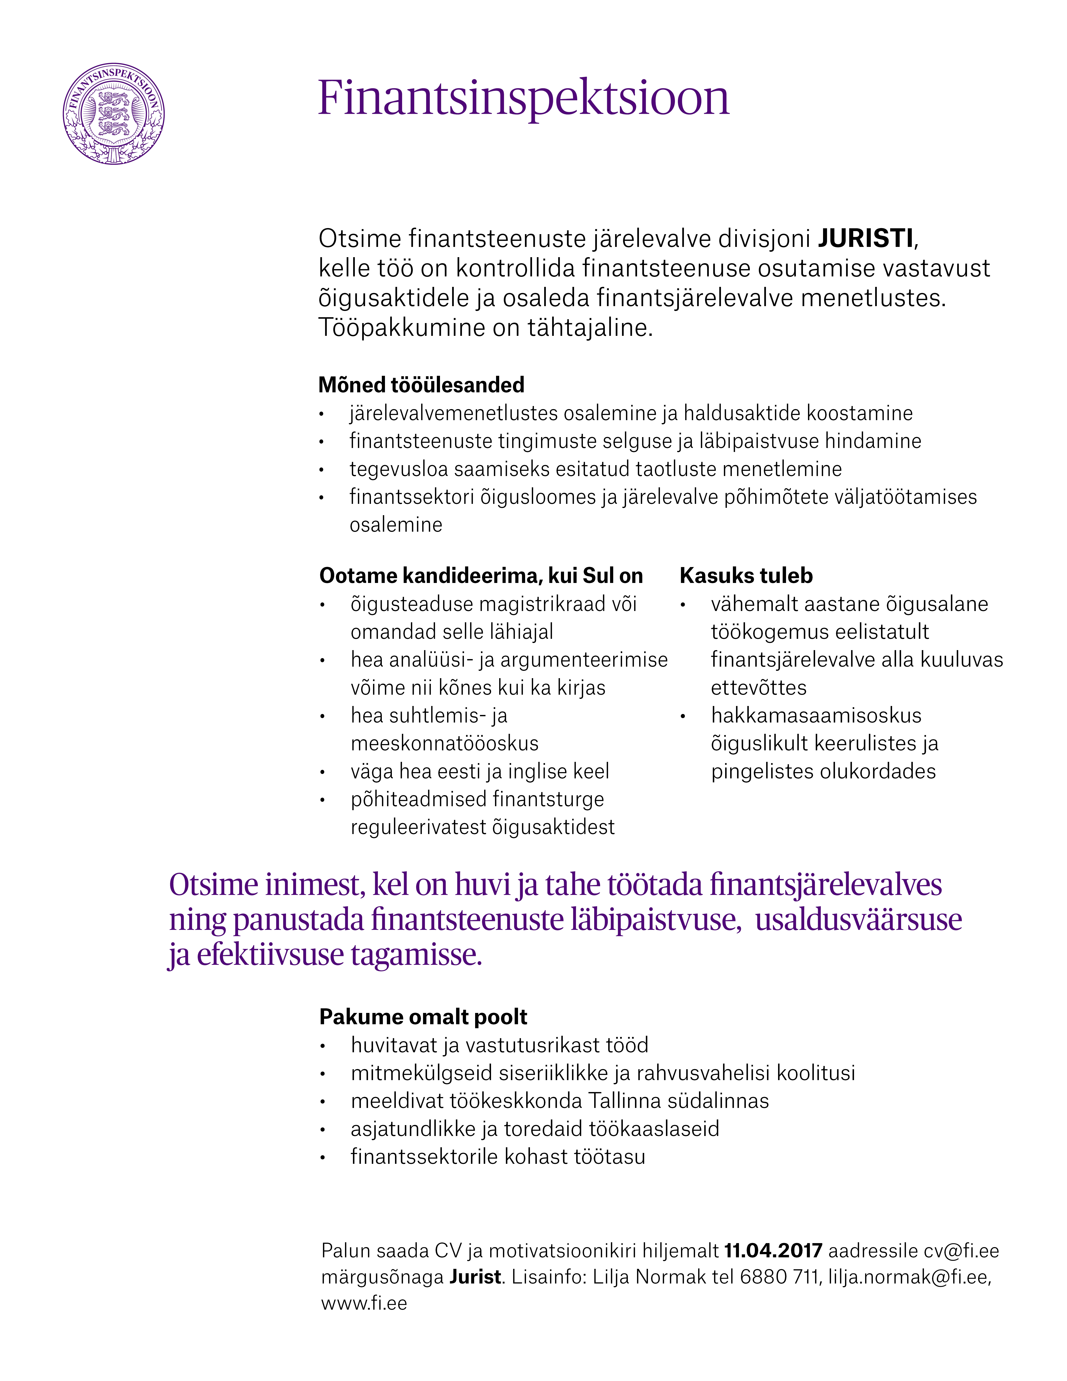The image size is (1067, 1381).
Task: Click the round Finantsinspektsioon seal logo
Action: (x=114, y=114)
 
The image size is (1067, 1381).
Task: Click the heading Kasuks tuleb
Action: (x=746, y=575)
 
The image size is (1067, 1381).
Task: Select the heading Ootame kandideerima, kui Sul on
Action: (x=481, y=575)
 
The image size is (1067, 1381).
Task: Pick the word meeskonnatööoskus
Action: (x=444, y=743)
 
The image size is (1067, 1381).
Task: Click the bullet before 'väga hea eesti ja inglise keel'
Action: (x=322, y=772)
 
